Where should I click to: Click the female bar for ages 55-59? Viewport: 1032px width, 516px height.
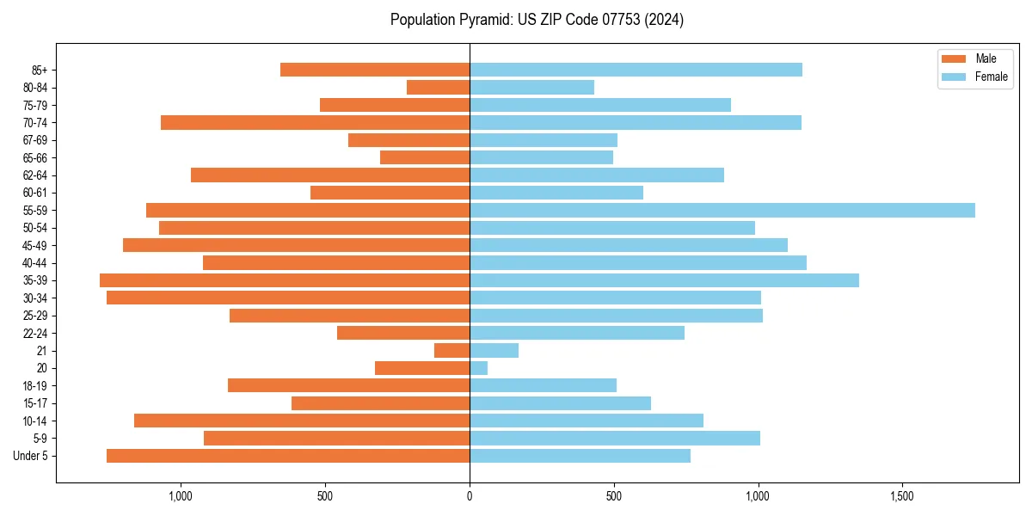[722, 210]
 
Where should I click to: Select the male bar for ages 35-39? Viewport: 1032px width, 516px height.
[285, 280]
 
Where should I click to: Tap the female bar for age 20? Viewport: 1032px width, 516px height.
[478, 368]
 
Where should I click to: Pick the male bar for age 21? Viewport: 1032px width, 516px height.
[452, 350]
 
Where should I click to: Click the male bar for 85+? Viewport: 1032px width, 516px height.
[375, 70]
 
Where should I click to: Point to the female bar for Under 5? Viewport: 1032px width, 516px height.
[580, 456]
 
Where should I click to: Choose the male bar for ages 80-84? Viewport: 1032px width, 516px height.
[438, 87]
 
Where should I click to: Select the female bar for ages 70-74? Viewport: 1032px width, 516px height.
[636, 122]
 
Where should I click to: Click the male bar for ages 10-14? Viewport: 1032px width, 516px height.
[302, 421]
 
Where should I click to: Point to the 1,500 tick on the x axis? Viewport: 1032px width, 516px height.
[902, 497]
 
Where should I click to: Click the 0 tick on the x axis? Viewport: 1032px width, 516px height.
[470, 497]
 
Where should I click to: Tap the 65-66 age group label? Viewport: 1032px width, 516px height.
[35, 157]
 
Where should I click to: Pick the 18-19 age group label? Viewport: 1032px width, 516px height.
[35, 385]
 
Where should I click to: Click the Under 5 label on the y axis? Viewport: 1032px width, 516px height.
[31, 456]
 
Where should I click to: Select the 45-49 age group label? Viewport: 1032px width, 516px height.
[35, 245]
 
